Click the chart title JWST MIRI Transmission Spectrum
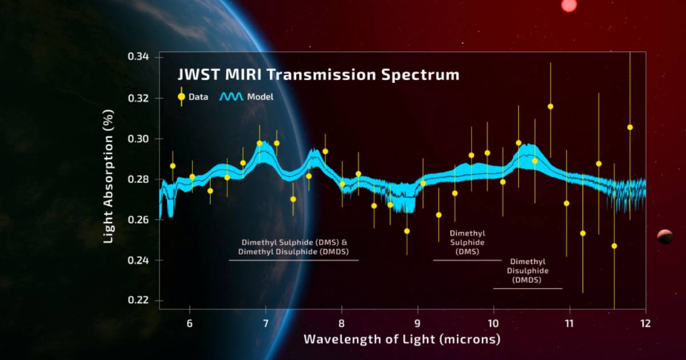tap(318, 75)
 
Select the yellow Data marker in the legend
tap(181, 97)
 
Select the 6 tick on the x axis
tap(190, 323)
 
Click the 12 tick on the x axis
tap(645, 323)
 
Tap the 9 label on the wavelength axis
tap(417, 323)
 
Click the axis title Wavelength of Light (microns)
tap(402, 339)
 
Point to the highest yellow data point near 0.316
tap(551, 106)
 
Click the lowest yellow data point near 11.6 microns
tap(615, 246)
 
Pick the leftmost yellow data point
tap(173, 166)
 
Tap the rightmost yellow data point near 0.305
tap(630, 127)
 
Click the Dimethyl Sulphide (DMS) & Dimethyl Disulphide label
tap(295, 246)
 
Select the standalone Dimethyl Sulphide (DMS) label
tap(468, 242)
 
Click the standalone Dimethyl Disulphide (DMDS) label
tap(527, 271)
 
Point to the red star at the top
tap(569, 5)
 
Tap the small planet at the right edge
tap(665, 236)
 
